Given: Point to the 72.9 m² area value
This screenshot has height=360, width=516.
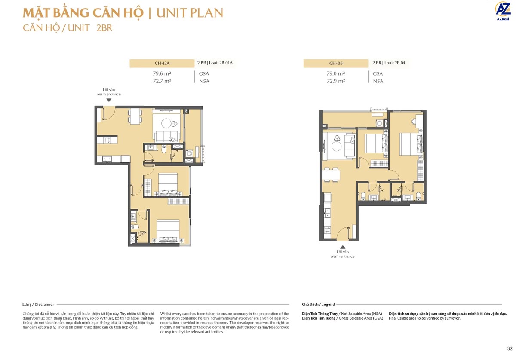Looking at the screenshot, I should [336, 81].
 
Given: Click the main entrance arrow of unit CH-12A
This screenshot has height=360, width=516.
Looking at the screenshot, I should [109, 100].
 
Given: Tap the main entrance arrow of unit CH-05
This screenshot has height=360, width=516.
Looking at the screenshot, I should [343, 247].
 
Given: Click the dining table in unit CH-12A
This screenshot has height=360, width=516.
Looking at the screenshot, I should [135, 115].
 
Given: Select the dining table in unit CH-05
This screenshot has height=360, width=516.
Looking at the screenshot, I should [331, 175].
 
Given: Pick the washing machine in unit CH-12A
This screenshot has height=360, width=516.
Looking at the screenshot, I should [189, 153].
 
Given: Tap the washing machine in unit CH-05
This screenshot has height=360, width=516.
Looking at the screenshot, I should [379, 124].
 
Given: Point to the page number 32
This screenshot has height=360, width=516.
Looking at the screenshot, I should [509, 348].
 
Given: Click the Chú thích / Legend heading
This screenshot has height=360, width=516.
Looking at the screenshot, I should [318, 304].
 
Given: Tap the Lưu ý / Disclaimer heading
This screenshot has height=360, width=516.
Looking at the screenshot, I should [38, 304].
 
